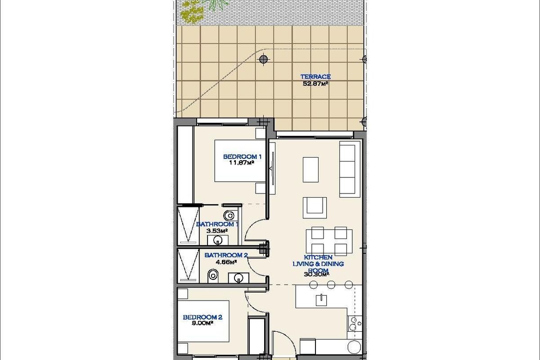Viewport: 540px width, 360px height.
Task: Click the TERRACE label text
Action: pyautogui.click(x=315, y=77)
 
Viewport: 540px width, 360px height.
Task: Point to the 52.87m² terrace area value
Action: pyautogui.click(x=315, y=83)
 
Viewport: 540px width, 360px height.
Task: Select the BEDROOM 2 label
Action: pyautogui.click(x=202, y=317)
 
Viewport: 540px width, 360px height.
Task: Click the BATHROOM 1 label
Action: pyautogui.click(x=217, y=224)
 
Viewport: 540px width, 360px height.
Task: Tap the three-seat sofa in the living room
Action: pyautogui.click(x=350, y=169)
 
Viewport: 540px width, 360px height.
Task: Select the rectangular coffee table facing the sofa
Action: pyautogui.click(x=310, y=169)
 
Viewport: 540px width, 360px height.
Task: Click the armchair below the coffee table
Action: pyautogui.click(x=315, y=206)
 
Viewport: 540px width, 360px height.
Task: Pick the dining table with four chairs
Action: pyautogui.click(x=329, y=241)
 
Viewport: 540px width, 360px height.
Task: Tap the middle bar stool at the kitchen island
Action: pyautogui.click(x=331, y=284)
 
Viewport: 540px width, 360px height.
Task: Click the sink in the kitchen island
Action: pyautogui.click(x=321, y=299)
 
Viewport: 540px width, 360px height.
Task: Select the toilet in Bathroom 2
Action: pyautogui.click(x=213, y=274)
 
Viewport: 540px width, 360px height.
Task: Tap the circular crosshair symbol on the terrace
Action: pyautogui.click(x=264, y=58)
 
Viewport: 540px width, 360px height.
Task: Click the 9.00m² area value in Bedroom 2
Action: pyautogui.click(x=202, y=323)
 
